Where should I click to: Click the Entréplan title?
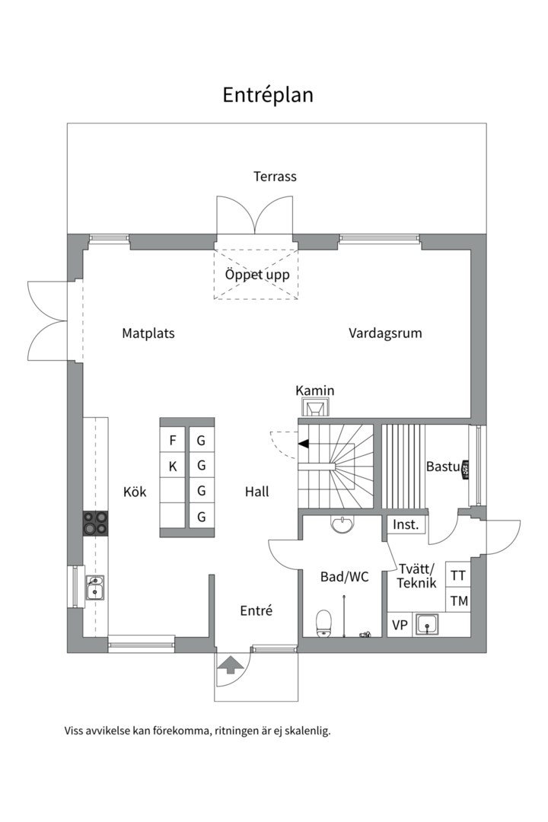268,95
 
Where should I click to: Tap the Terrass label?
275,177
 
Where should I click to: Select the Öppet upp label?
256,275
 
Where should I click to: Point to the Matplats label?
148,333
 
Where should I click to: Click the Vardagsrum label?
385,333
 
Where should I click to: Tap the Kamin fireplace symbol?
315,409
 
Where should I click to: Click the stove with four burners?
96,524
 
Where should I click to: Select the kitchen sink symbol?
96,588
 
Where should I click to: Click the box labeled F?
173,441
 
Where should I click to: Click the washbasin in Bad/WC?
343,524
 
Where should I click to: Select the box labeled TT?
458,575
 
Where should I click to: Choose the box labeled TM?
458,601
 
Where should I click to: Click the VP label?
400,626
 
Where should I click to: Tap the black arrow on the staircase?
303,443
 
